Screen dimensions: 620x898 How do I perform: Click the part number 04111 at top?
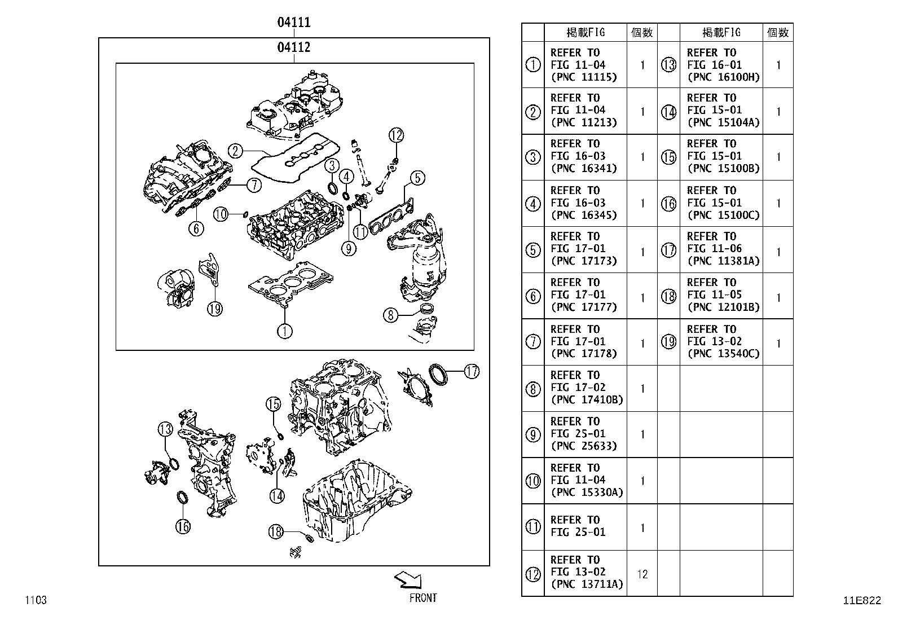coord(293,23)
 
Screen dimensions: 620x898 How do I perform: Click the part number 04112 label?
coord(293,47)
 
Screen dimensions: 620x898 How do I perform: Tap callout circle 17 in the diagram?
coord(472,371)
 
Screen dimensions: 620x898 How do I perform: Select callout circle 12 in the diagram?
coord(396,135)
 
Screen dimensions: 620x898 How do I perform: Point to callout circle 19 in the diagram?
coord(214,309)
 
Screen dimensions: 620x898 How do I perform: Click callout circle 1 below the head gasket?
coord(285,331)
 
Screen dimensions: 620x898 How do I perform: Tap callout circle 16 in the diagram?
coord(183,526)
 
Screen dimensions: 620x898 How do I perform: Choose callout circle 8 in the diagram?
coord(391,314)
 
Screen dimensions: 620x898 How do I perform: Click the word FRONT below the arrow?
coord(422,599)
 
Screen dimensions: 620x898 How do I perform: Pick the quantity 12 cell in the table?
coord(642,574)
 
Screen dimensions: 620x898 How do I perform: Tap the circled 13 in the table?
coord(668,65)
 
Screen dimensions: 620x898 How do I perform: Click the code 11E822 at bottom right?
coord(861,601)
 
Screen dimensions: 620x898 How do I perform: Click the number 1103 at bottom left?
coord(35,600)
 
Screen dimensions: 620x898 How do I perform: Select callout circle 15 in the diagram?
coord(274,404)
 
